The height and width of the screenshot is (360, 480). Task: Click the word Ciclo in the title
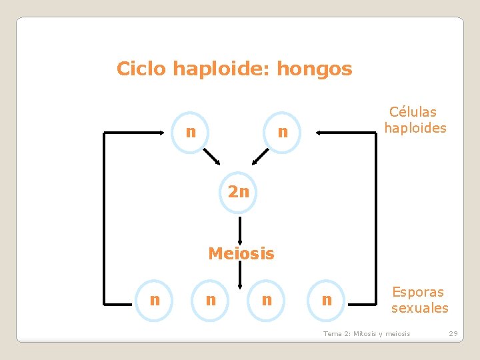click(142, 69)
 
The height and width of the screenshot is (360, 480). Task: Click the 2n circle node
click(238, 193)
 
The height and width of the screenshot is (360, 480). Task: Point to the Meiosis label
click(241, 254)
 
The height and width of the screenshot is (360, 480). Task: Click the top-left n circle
click(191, 132)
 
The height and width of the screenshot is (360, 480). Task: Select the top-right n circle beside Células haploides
click(283, 133)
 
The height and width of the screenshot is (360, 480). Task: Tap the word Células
click(413, 112)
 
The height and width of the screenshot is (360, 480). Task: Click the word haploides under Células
click(415, 128)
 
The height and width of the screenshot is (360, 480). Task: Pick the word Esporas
click(417, 292)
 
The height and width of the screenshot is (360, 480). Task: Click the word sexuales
click(419, 308)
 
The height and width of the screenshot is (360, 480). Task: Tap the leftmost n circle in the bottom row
click(155, 300)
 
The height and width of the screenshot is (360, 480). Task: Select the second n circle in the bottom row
click(211, 300)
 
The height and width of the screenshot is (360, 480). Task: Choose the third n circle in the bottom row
click(267, 300)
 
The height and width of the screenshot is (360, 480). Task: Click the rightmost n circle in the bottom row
click(326, 300)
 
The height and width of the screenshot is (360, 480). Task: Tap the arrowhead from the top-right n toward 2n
click(255, 161)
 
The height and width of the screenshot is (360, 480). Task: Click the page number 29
click(453, 333)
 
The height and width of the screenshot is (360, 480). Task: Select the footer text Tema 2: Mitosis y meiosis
click(367, 333)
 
